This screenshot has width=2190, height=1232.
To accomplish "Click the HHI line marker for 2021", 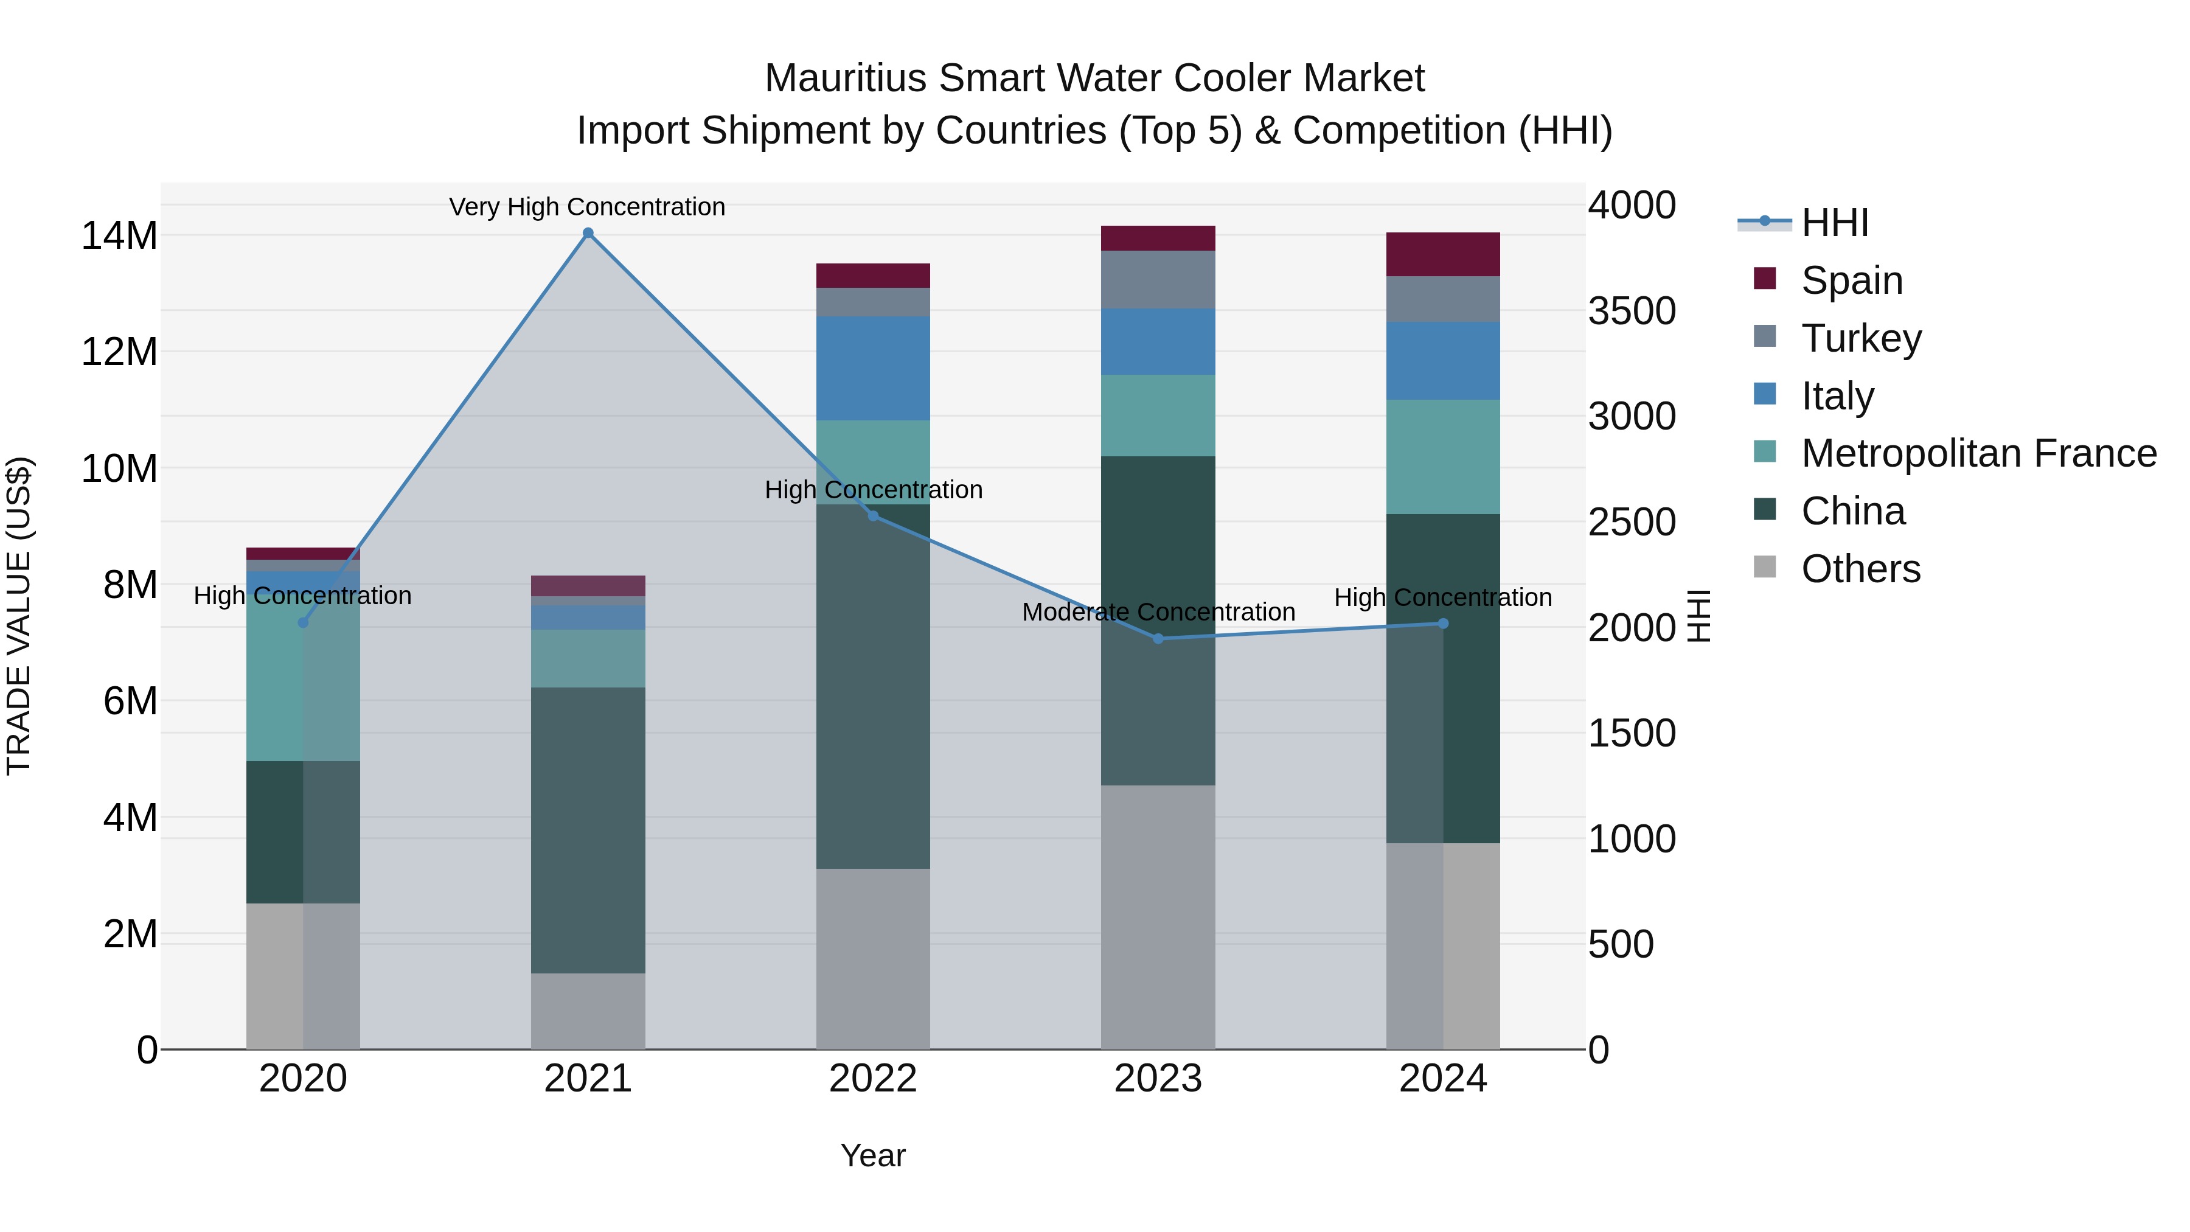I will point(588,233).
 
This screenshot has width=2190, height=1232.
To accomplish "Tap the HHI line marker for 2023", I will point(1158,639).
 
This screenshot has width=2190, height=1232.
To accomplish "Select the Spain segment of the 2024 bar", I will point(1443,254).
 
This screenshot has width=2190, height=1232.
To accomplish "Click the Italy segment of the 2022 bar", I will point(873,368).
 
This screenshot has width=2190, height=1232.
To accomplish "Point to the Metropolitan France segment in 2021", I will point(588,658).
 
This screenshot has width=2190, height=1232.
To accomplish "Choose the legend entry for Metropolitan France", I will point(1978,453).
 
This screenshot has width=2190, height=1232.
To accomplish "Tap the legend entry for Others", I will point(1860,569).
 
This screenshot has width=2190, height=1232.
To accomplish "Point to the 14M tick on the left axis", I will point(119,235).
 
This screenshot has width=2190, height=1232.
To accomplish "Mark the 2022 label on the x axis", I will point(873,1079).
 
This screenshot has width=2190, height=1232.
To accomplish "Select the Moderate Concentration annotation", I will point(1158,612).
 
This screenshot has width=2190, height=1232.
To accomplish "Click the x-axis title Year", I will point(873,1155).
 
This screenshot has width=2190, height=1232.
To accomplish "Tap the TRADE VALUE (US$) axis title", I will point(19,616).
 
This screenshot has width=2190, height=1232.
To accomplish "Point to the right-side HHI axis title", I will point(1698,616).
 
